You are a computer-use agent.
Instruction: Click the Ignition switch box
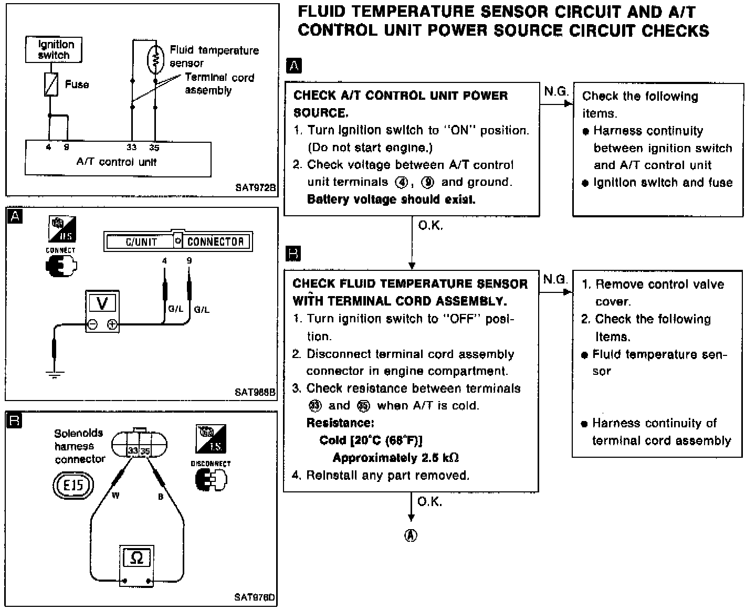click(54, 49)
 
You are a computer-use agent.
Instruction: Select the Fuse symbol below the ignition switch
click(50, 85)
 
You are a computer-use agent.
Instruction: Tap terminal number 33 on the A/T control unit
click(131, 148)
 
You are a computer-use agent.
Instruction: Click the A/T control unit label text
click(117, 162)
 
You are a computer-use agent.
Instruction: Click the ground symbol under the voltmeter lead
click(54, 374)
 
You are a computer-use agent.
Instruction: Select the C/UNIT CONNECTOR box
click(178, 241)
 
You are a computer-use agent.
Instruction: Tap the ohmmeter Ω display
click(136, 558)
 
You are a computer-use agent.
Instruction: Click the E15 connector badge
click(73, 485)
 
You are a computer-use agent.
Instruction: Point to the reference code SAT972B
click(255, 187)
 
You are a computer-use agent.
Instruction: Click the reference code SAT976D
click(255, 597)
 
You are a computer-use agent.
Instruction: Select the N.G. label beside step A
click(555, 92)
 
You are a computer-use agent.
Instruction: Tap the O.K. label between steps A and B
click(430, 226)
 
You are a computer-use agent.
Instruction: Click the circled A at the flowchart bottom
click(411, 535)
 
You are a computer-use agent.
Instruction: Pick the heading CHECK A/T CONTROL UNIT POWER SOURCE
click(400, 104)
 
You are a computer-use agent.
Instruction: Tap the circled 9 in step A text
click(428, 182)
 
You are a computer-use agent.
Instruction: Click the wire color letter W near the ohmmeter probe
click(115, 496)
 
